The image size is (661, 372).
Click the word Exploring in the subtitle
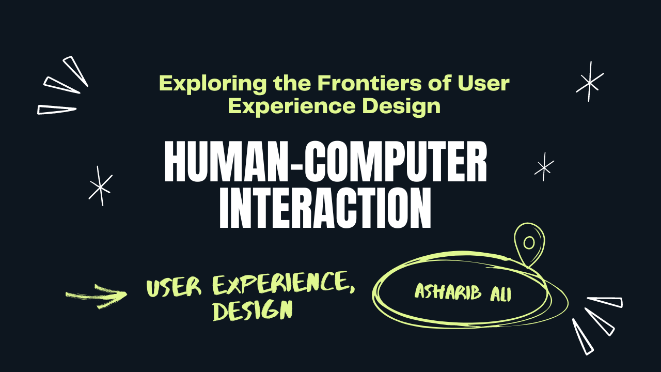(x=213, y=84)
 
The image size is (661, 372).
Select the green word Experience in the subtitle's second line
(x=292, y=107)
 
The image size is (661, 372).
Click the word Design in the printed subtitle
(x=401, y=107)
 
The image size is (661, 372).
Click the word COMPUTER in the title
(x=396, y=161)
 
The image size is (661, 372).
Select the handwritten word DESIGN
(x=253, y=311)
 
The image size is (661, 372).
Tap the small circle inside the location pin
(x=529, y=243)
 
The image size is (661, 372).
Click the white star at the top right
(x=590, y=82)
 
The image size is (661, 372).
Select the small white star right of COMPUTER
(x=544, y=167)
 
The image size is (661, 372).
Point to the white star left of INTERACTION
(x=101, y=186)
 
